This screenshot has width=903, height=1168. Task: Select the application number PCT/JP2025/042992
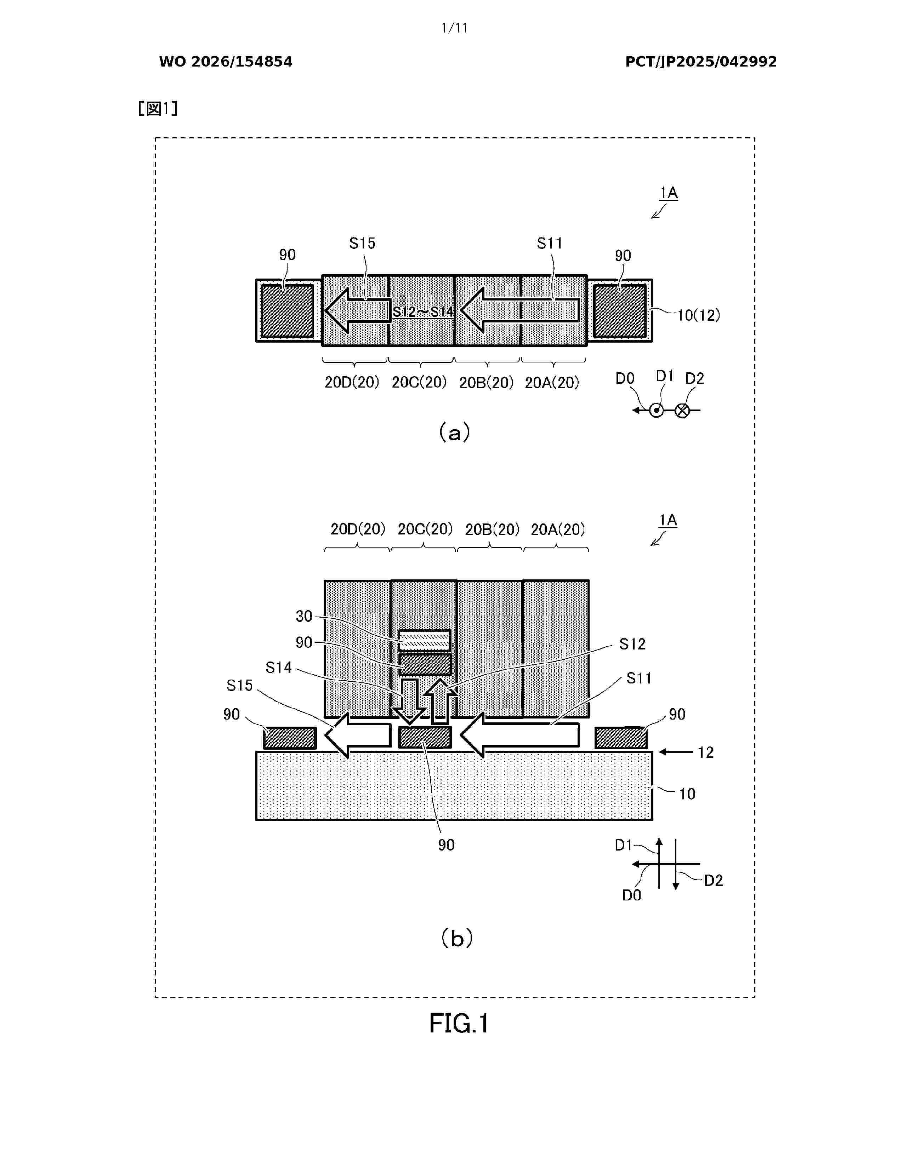click(x=701, y=62)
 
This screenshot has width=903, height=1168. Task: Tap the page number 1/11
click(x=454, y=28)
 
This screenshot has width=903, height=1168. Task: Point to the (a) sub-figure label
click(x=454, y=432)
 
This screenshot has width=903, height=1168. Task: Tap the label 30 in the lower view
click(x=304, y=616)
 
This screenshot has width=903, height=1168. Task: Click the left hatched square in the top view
click(x=287, y=311)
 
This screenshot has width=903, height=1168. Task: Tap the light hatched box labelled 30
click(x=424, y=640)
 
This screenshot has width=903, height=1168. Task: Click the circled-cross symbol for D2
click(x=682, y=411)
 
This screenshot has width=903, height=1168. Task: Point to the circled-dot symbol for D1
click(x=657, y=411)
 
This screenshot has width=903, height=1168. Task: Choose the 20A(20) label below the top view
click(x=552, y=382)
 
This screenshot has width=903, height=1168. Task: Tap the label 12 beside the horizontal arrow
click(x=706, y=752)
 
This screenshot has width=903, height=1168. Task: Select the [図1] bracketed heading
click(x=158, y=109)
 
